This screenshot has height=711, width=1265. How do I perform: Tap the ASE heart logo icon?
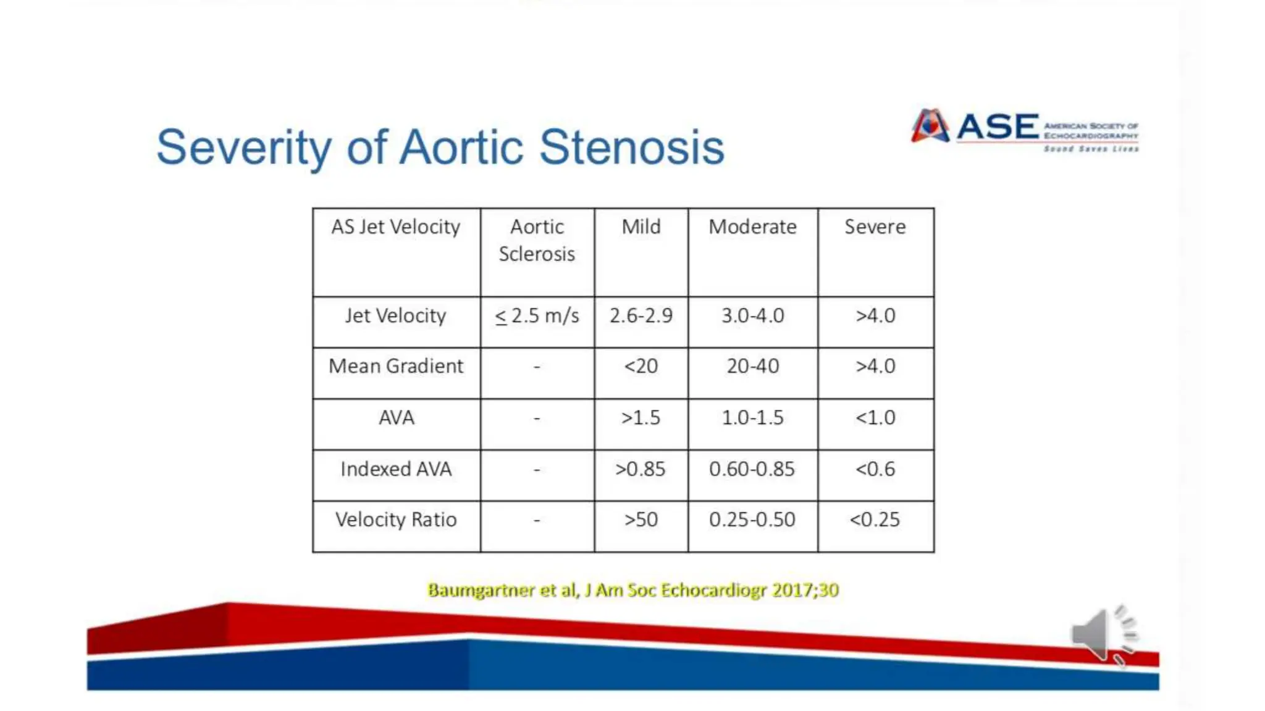[x=930, y=126]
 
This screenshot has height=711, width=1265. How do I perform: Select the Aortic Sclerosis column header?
[x=537, y=240]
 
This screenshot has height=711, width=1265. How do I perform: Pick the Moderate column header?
[x=752, y=227]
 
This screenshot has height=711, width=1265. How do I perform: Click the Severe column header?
[x=875, y=227]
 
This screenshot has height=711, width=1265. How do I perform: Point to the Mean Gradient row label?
[x=395, y=367]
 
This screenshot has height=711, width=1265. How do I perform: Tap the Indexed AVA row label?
[x=395, y=469]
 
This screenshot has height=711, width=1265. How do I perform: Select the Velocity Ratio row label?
[x=395, y=520]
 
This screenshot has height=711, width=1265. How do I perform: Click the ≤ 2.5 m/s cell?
[x=537, y=316]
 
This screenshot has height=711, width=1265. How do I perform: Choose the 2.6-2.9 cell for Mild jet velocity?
[x=641, y=316]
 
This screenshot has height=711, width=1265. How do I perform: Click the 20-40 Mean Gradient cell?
[x=752, y=367]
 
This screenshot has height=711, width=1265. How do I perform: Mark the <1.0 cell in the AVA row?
[x=875, y=418]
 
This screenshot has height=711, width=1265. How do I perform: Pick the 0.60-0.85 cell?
[x=752, y=469]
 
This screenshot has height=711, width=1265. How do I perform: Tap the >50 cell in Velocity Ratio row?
[x=641, y=520]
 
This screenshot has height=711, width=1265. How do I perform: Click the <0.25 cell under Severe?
[x=875, y=520]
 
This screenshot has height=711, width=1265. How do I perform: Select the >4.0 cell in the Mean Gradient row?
[x=875, y=367]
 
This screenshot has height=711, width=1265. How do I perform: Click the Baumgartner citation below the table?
[x=632, y=590]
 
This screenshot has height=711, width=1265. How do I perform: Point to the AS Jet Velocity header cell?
[x=395, y=227]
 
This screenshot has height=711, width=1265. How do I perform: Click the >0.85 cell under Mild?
[x=641, y=469]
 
